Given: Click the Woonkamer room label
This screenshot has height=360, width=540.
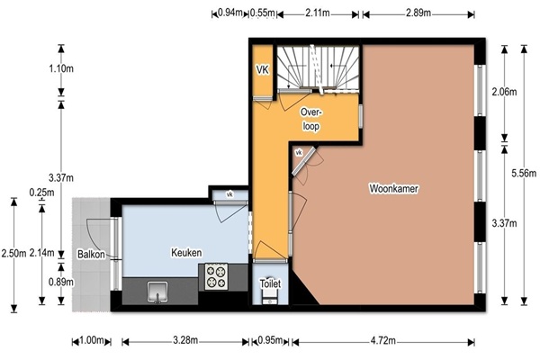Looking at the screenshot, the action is click(x=394, y=189).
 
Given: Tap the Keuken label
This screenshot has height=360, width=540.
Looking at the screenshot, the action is click(x=186, y=253).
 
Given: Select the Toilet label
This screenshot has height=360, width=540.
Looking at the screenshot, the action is click(x=270, y=283).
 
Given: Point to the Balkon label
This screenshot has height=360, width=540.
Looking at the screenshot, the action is click(x=91, y=254).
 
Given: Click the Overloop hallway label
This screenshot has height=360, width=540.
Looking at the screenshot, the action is click(x=311, y=119).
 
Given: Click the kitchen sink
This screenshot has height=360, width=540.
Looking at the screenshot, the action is click(x=157, y=292).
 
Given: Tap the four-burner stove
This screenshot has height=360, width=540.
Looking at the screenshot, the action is click(x=217, y=276).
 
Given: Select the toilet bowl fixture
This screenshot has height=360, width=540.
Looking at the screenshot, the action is click(x=270, y=296).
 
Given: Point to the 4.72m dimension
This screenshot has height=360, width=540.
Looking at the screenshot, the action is click(x=383, y=341).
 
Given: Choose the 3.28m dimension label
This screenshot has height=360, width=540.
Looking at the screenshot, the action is click(x=185, y=341).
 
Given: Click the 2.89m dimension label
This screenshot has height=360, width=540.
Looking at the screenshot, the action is click(x=418, y=13).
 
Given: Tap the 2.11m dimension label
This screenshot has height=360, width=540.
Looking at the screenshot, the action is click(x=318, y=13).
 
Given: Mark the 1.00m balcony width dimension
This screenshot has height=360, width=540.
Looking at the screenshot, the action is click(x=91, y=341).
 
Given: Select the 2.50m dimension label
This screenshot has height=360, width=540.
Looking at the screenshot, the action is click(x=13, y=254).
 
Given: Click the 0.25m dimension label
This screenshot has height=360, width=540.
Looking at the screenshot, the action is click(x=41, y=193).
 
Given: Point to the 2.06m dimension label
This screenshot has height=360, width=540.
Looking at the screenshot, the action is click(x=504, y=92).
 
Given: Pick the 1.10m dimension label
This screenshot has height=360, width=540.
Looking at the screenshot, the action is click(x=61, y=68).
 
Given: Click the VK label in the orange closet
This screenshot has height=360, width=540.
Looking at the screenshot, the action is click(x=263, y=70).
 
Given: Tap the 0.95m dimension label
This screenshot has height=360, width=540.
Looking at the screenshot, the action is click(x=270, y=341).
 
